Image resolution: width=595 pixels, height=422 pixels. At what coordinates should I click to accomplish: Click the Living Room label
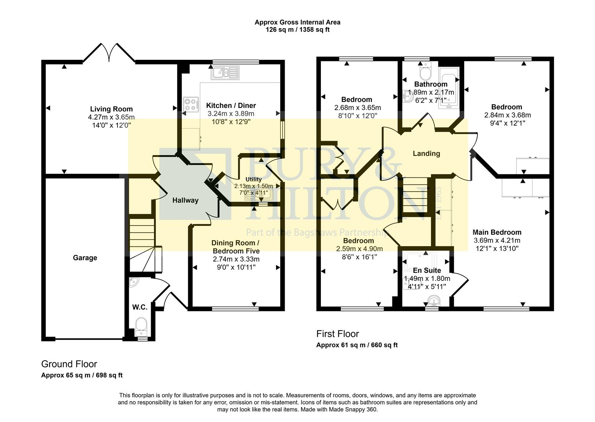click(111, 109)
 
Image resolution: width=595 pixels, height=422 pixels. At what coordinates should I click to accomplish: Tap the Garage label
click(85, 257)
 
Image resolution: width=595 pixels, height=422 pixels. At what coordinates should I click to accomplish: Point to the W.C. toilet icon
click(141, 326)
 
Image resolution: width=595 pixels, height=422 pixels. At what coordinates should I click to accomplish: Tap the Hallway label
click(185, 200)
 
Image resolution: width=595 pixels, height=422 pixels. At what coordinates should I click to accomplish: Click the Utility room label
click(253, 179)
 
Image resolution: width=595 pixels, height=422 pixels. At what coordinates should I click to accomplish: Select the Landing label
click(426, 154)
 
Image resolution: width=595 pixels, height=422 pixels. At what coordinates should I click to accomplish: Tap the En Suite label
click(427, 270)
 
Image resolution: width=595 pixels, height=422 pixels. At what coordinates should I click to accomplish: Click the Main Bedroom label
click(497, 232)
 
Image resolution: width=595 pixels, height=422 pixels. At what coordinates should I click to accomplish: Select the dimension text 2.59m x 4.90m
click(359, 249)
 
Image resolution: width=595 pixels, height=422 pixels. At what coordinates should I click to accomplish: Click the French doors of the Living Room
click(109, 53)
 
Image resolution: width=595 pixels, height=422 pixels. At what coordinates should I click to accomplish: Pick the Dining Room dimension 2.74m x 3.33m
click(236, 259)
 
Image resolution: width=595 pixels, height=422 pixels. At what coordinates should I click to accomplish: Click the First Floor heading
click(337, 334)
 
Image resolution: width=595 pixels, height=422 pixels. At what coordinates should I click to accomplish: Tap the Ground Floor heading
click(69, 364)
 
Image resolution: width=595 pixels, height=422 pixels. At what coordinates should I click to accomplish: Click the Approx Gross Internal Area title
click(297, 22)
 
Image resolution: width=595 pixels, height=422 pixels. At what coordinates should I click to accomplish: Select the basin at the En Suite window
click(433, 301)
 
